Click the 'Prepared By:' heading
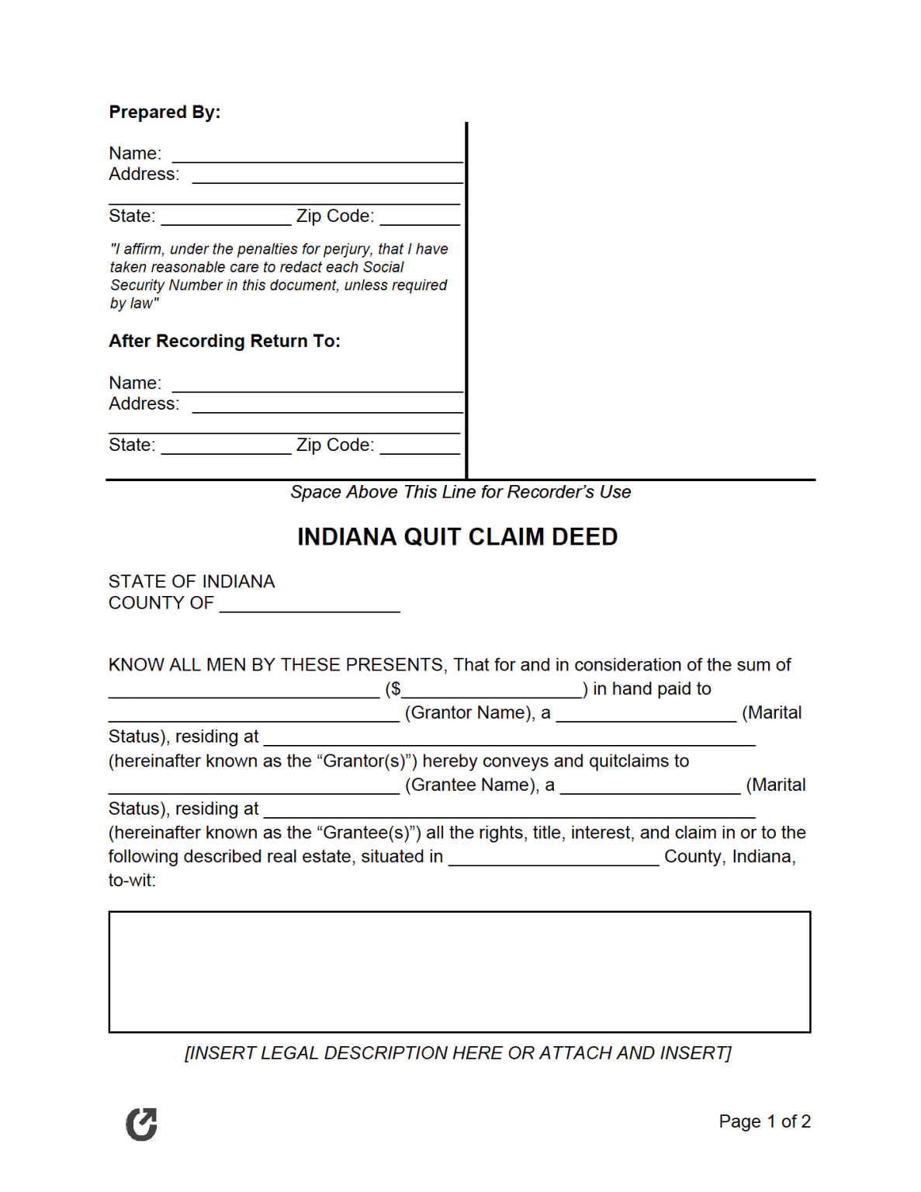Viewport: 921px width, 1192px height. pyautogui.click(x=164, y=113)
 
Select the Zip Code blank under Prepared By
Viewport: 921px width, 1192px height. pyautogui.click(x=420, y=218)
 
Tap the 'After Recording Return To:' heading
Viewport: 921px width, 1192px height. pyautogui.click(x=224, y=341)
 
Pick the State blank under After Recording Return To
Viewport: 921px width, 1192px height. pyautogui.click(x=226, y=447)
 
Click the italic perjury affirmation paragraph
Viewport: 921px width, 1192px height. pyautogui.click(x=279, y=276)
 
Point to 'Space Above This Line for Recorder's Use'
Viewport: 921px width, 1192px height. pyautogui.click(x=460, y=492)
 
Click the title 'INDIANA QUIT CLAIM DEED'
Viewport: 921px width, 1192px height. pyautogui.click(x=457, y=537)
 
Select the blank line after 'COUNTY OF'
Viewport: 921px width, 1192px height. pyautogui.click(x=310, y=605)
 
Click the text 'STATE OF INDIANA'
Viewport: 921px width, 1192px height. pyautogui.click(x=192, y=582)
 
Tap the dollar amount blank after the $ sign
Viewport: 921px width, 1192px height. pyautogui.click(x=492, y=690)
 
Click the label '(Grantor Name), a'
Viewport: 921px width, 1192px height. pyautogui.click(x=477, y=713)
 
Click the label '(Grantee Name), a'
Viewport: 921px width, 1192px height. pyautogui.click(x=480, y=785)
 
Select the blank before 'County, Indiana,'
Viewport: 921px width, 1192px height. pyautogui.click(x=553, y=858)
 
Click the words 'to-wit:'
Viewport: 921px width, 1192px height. pyautogui.click(x=132, y=881)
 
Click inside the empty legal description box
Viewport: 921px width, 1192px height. pyautogui.click(x=459, y=972)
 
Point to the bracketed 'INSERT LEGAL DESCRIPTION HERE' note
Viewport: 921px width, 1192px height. pyautogui.click(x=458, y=1053)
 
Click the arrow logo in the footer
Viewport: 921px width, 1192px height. pyautogui.click(x=141, y=1124)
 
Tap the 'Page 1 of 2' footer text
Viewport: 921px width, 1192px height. pyautogui.click(x=764, y=1121)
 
